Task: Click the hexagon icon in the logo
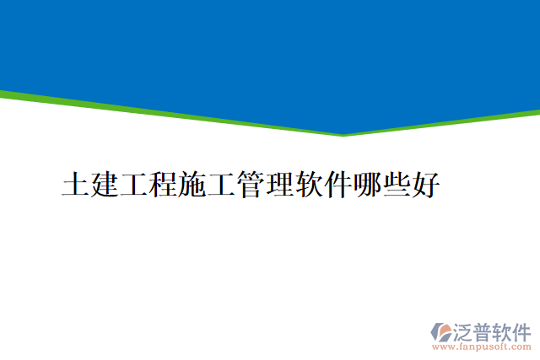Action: [441, 331]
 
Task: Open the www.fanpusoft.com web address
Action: [481, 347]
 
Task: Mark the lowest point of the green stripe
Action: [343, 134]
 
